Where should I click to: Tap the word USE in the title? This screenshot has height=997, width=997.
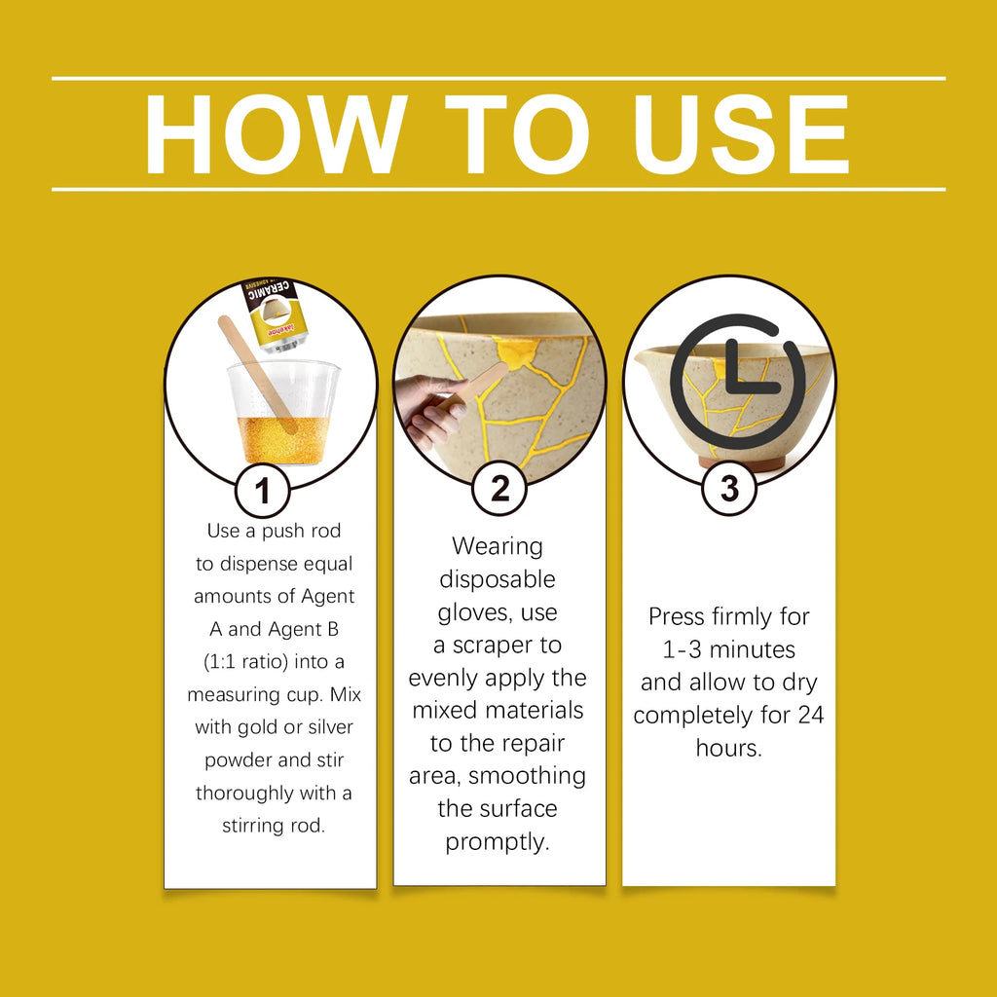[741, 134]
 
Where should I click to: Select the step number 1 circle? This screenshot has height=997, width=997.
[263, 491]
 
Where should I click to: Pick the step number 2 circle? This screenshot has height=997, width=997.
[499, 489]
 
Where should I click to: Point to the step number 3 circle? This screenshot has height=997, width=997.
[729, 489]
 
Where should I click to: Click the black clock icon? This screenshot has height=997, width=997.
[738, 382]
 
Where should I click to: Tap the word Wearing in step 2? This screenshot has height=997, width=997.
[498, 546]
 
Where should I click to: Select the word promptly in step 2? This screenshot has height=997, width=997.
[498, 842]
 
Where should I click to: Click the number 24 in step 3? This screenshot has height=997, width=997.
[810, 715]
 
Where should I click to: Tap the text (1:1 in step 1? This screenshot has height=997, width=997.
[219, 662]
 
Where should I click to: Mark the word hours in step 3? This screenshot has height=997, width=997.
[728, 748]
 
